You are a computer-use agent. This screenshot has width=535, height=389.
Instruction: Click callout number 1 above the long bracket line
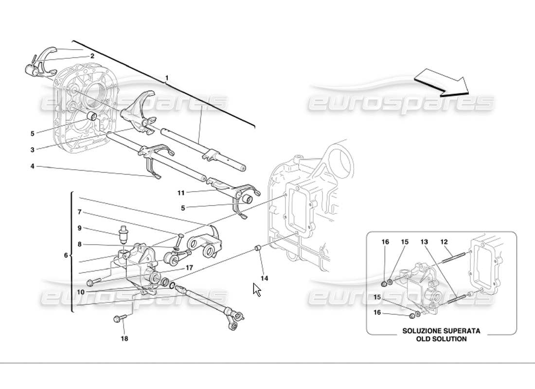[167, 78]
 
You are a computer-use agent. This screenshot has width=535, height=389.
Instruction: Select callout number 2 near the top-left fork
[91, 56]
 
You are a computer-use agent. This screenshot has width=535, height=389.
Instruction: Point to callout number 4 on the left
[32, 166]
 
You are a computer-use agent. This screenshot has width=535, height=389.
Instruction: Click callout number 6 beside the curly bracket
[66, 255]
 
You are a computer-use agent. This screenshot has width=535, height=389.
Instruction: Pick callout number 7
[78, 212]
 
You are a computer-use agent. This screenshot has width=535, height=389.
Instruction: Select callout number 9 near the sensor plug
[78, 227]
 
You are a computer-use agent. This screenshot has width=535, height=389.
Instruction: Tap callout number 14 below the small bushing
[264, 279]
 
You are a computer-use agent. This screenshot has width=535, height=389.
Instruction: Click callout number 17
[189, 267]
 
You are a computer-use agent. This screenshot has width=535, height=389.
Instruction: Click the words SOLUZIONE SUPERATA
[441, 331]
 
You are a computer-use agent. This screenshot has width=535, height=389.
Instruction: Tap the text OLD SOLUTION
[441, 339]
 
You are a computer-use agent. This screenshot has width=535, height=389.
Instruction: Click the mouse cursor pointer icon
[257, 290]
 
